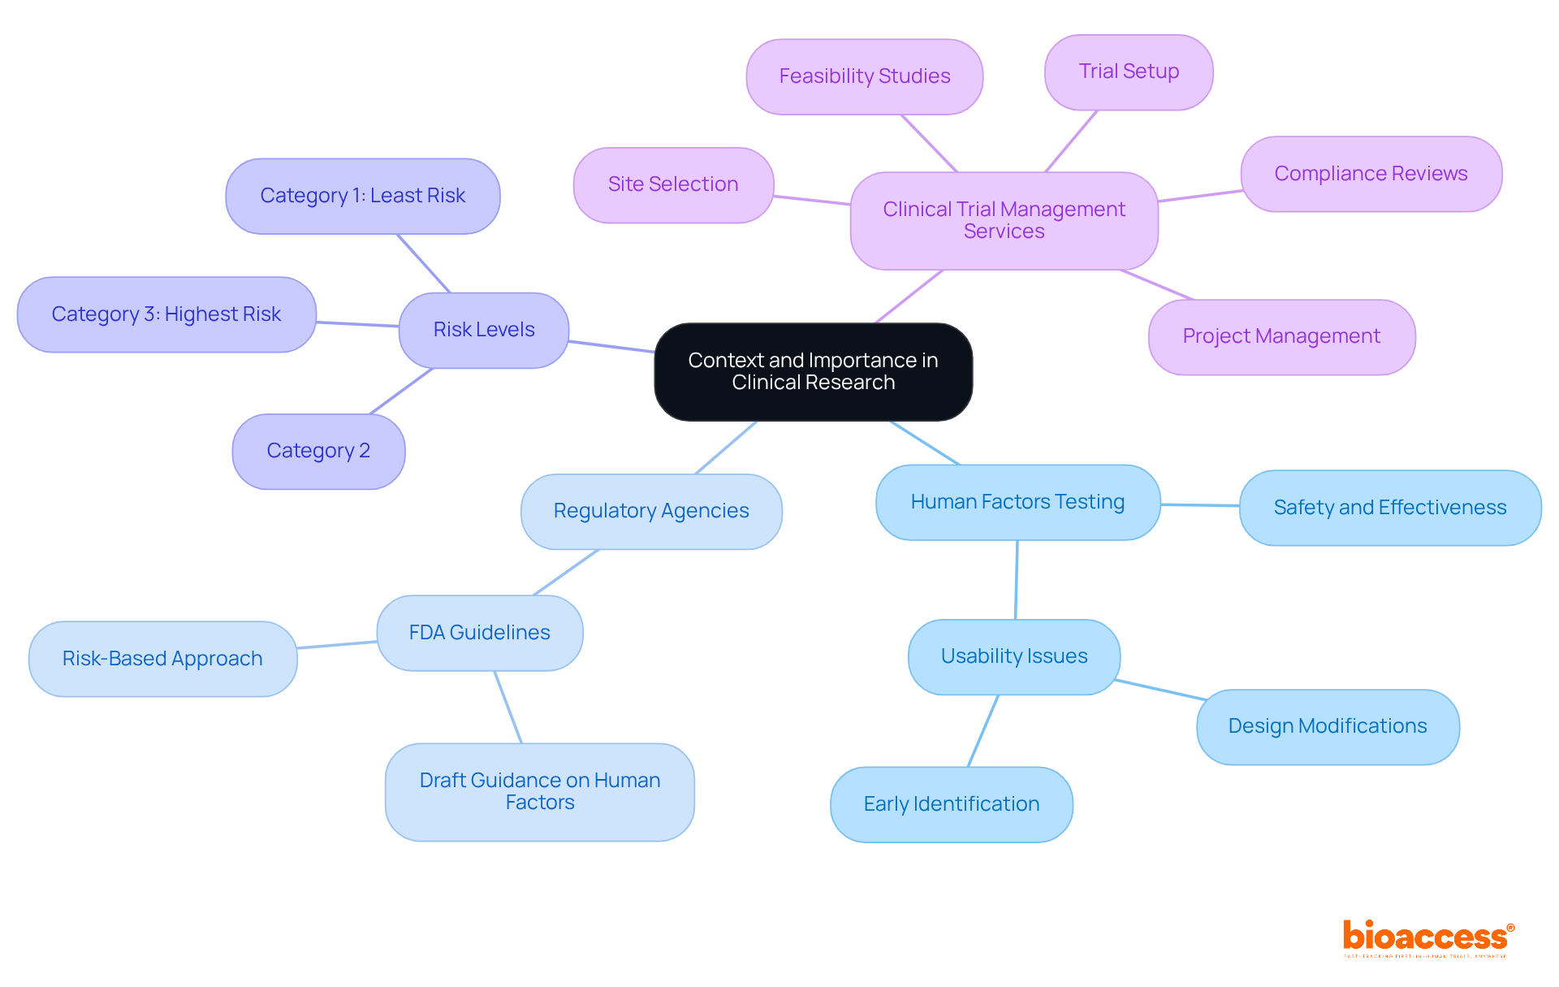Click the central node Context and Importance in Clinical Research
click(x=813, y=372)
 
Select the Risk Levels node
click(x=484, y=330)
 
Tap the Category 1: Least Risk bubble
click(x=362, y=196)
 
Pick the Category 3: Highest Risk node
click(x=166, y=314)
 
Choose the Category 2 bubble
click(x=318, y=451)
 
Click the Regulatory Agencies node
click(x=651, y=511)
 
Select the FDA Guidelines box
click(x=479, y=633)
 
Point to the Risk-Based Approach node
click(x=162, y=659)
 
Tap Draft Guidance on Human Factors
click(x=539, y=791)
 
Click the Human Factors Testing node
click(x=1017, y=502)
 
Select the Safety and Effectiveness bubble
click(x=1389, y=508)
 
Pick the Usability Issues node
click(x=1013, y=656)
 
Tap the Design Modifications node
click(x=1327, y=726)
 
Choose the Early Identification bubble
click(x=951, y=804)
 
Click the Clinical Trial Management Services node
click(x=1004, y=220)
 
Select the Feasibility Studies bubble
click(x=864, y=76)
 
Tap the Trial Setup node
click(x=1129, y=71)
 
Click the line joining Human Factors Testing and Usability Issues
click(x=1017, y=580)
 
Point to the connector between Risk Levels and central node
click(x=611, y=347)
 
